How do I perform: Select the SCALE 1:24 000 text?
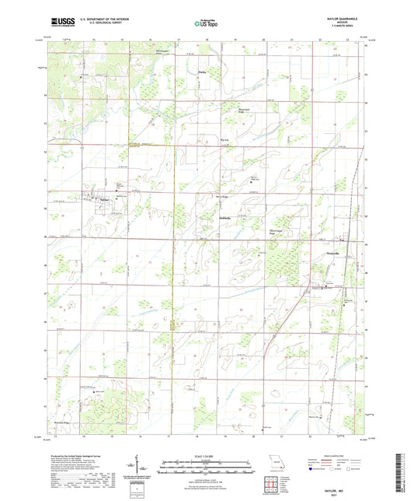coord(207,457)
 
